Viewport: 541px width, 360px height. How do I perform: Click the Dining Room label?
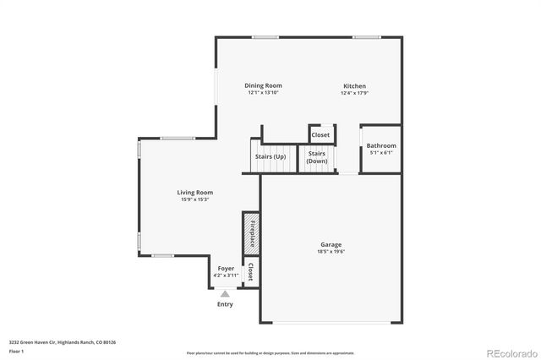pyautogui.click(x=263, y=85)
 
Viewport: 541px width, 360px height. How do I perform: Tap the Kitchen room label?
pyautogui.click(x=354, y=85)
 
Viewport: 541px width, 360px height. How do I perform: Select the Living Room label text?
pyautogui.click(x=194, y=193)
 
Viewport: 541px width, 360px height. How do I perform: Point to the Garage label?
pyautogui.click(x=331, y=244)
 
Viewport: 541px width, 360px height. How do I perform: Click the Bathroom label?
pyautogui.click(x=381, y=145)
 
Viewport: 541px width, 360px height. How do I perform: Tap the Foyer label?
pyautogui.click(x=226, y=268)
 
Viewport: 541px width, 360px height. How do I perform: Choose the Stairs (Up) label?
pyautogui.click(x=270, y=157)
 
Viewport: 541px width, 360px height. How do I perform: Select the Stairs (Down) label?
pyautogui.click(x=317, y=157)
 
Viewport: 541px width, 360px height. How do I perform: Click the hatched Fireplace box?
pyautogui.click(x=251, y=234)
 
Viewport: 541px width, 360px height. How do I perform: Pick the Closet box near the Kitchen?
pyautogui.click(x=320, y=134)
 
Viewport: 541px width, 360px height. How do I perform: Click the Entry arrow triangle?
pyautogui.click(x=225, y=293)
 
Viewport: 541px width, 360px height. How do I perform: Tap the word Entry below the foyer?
pyautogui.click(x=225, y=303)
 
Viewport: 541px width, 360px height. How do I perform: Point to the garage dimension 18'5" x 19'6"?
pyautogui.click(x=331, y=251)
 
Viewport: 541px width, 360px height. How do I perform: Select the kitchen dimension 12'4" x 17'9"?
pyautogui.click(x=354, y=92)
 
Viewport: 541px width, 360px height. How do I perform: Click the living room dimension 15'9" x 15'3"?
pyautogui.click(x=194, y=199)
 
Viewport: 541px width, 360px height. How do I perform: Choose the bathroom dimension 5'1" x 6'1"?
pyautogui.click(x=381, y=152)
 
